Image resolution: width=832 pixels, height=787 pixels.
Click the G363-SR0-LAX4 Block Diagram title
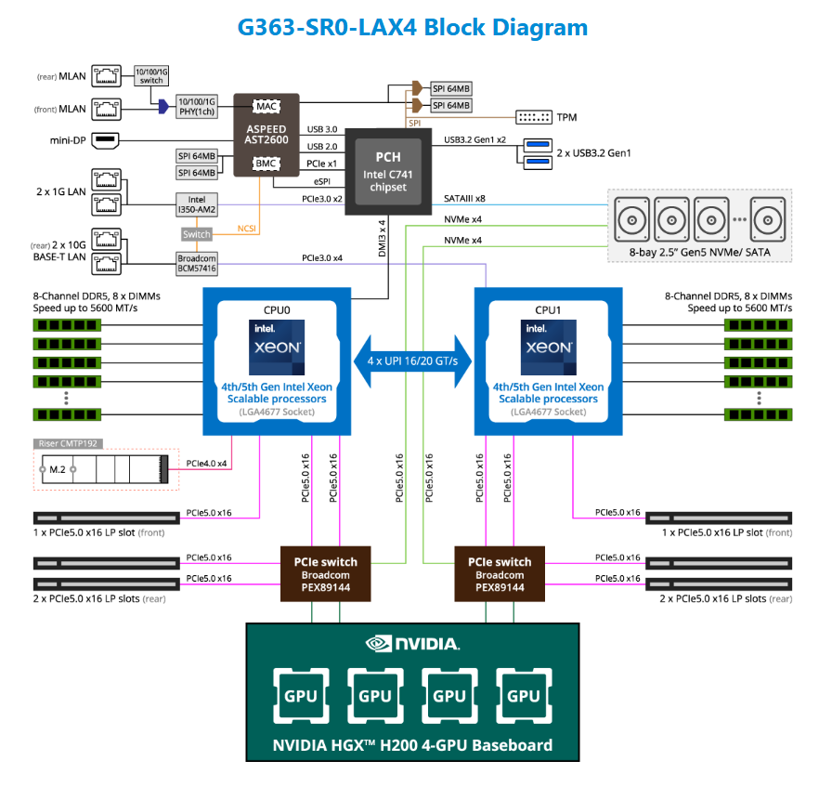click(413, 26)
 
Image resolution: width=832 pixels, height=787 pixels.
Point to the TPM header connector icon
click(532, 117)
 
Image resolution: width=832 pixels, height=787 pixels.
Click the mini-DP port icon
click(106, 141)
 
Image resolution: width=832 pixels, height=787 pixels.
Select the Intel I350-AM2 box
click(197, 203)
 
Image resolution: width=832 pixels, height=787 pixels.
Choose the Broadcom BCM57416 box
click(197, 263)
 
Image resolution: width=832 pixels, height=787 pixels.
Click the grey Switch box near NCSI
click(197, 234)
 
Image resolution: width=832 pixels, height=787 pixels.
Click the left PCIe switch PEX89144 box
click(325, 574)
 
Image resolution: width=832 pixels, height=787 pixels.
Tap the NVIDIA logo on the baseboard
click(412, 643)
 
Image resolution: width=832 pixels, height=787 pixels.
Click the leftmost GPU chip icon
click(300, 695)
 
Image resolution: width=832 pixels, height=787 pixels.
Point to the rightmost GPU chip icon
click(524, 695)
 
